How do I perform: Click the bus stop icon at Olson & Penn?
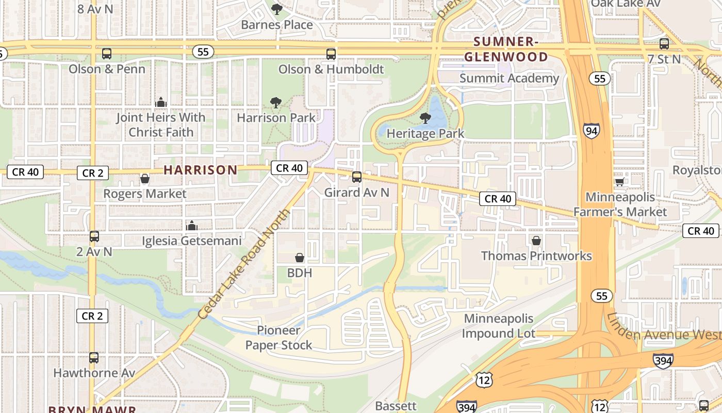point(107,54)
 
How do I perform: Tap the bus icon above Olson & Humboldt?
point(331,54)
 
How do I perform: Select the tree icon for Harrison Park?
point(276,103)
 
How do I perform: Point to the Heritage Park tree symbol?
point(425,118)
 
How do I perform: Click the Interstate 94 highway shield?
point(592,131)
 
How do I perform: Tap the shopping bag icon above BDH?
point(300,257)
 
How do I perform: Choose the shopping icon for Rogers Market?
point(145,179)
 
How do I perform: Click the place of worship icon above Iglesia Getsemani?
point(192,226)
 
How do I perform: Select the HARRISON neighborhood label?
point(201,170)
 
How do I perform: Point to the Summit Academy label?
point(509,78)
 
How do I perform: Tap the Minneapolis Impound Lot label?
point(498,326)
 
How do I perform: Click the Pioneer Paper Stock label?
point(278,338)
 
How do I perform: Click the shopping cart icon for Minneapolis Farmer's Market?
point(619,182)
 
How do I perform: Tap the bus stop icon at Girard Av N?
point(356,177)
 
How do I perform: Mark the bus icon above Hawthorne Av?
point(94,357)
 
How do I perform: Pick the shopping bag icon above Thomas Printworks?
point(536,241)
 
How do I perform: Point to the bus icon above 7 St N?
point(664,44)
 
